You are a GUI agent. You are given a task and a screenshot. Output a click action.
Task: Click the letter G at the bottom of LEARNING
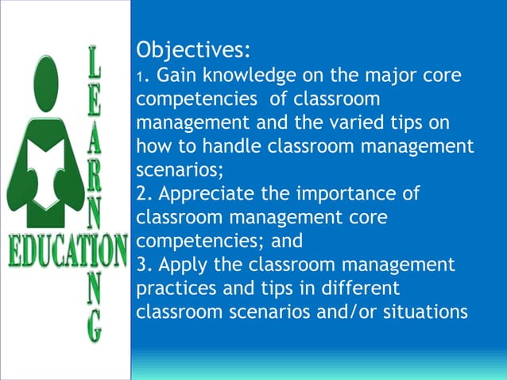95,327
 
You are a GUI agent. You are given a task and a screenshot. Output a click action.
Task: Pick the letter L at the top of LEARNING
95,62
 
